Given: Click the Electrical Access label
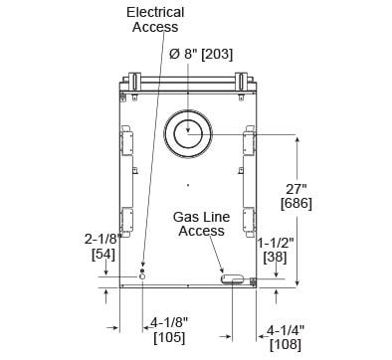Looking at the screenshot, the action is (155, 20).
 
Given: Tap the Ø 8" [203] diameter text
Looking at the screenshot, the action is (201, 54).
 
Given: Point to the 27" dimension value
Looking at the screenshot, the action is (295, 189).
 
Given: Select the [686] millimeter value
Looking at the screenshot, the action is (296, 203).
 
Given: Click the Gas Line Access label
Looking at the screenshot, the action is (201, 224).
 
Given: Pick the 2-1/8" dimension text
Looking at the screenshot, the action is (103, 239).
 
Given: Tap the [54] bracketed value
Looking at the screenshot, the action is (103, 255).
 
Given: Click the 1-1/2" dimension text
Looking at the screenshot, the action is (276, 243).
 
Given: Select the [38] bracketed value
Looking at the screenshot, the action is (275, 258).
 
